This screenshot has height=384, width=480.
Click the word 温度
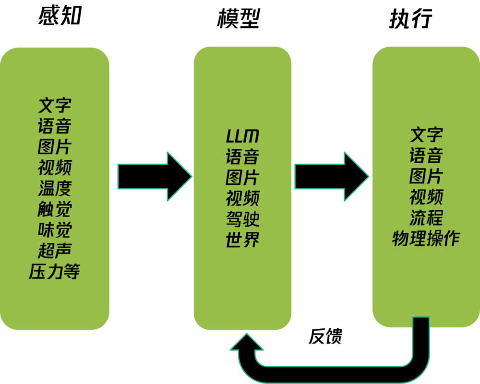(55, 188)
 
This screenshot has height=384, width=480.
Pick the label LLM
(242, 137)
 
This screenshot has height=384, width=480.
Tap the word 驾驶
(242, 218)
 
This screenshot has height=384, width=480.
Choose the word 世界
(242, 239)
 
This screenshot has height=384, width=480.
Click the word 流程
(426, 217)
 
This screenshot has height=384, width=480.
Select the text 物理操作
(426, 238)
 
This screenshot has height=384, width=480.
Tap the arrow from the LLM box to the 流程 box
(331, 177)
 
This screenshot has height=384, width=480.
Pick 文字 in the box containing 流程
(426, 135)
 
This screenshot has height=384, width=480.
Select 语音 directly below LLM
(242, 157)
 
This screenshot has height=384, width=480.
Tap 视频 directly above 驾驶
(242, 198)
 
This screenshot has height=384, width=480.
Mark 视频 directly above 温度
(55, 168)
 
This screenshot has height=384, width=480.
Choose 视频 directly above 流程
(426, 197)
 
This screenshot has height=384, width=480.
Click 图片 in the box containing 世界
(242, 178)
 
